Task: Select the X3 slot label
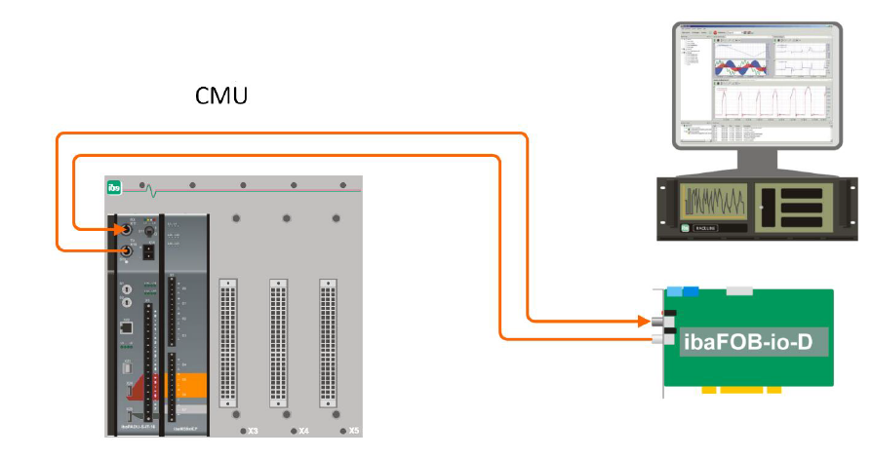click(x=252, y=430)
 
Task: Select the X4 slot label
click(x=303, y=430)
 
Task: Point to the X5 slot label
click(x=353, y=430)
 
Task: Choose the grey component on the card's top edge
click(x=744, y=289)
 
